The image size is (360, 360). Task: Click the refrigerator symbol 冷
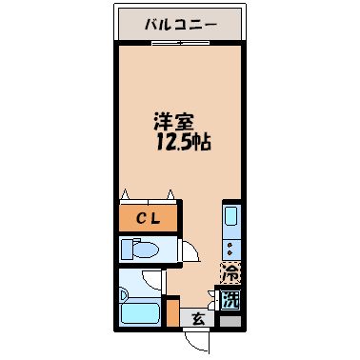coord(230,271)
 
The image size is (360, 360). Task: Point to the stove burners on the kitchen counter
coord(230,250)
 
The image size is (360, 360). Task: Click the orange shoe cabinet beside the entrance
coord(172,313)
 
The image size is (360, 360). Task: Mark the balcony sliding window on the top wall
coord(178,43)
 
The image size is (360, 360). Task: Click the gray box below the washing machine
coord(229,321)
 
